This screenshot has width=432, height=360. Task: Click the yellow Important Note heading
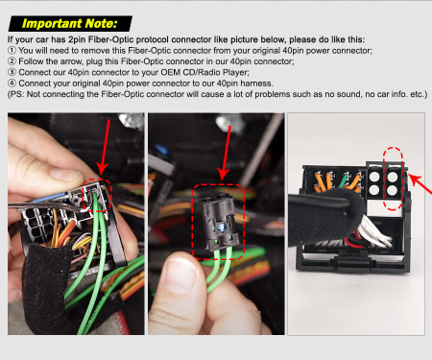70,24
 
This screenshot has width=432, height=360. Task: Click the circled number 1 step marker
12,51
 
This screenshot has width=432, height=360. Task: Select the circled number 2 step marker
12,61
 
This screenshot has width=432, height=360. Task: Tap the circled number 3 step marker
12,72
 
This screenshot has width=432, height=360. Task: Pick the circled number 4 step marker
12,83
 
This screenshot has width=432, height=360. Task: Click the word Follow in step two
30,61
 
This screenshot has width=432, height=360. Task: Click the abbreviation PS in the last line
17,94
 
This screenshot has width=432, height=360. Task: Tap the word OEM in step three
171,72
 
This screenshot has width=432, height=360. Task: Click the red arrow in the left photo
105,147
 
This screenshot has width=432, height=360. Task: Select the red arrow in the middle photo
226,153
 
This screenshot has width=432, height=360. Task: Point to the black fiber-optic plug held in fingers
220,224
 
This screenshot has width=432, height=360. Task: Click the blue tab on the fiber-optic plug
221,228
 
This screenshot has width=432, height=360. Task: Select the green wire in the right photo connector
345,180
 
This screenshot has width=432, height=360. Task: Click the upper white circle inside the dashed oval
393,177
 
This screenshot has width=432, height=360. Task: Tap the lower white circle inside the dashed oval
393,190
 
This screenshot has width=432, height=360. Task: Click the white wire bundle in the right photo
373,231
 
